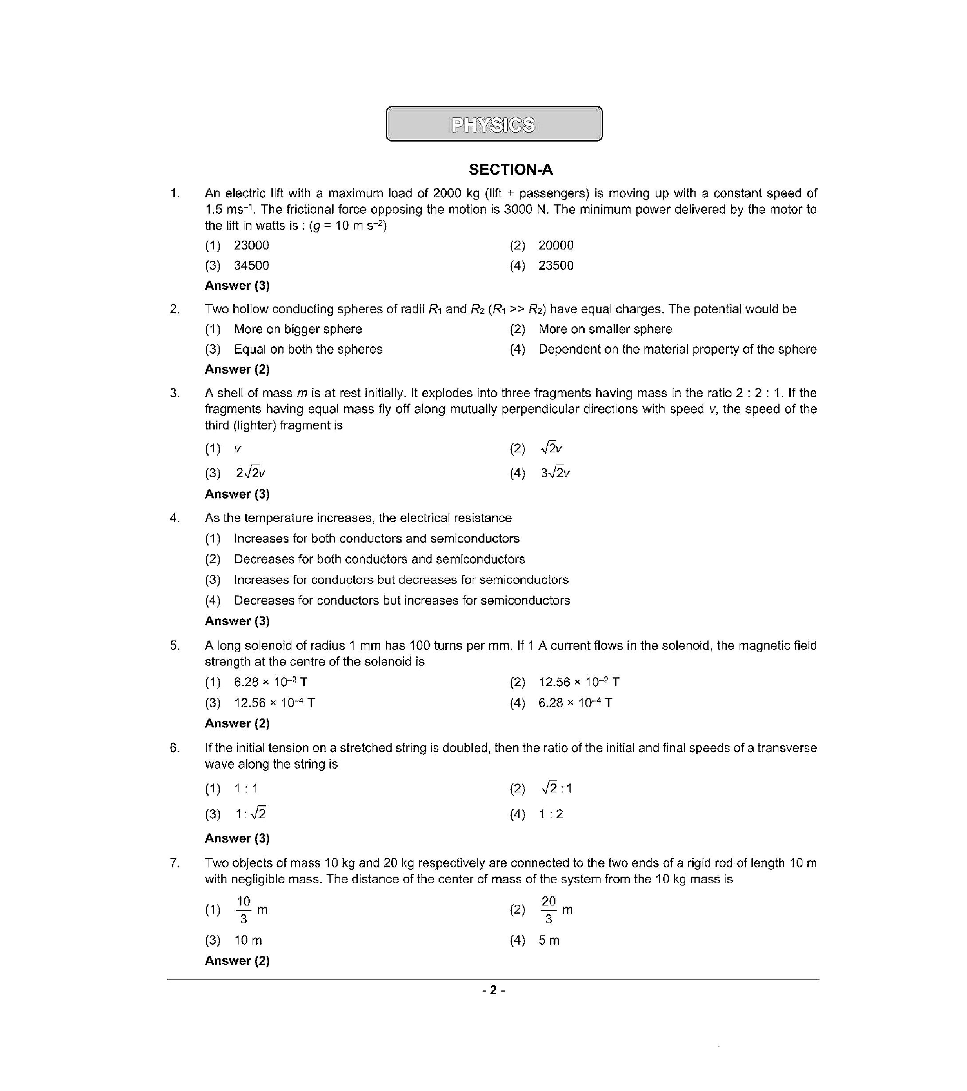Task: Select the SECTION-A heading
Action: tap(510, 170)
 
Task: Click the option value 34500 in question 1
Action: tap(251, 265)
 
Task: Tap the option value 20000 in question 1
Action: tap(555, 245)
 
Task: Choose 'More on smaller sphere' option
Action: tap(605, 329)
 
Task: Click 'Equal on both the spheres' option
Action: tap(308, 349)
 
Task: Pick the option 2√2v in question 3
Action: tap(250, 473)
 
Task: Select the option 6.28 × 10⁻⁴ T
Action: tap(575, 703)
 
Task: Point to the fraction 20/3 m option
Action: tap(555, 910)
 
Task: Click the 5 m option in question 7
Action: tap(548, 941)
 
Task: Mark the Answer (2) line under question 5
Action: tap(237, 723)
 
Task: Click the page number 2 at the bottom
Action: tap(493, 990)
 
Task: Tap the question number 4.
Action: tap(174, 518)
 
